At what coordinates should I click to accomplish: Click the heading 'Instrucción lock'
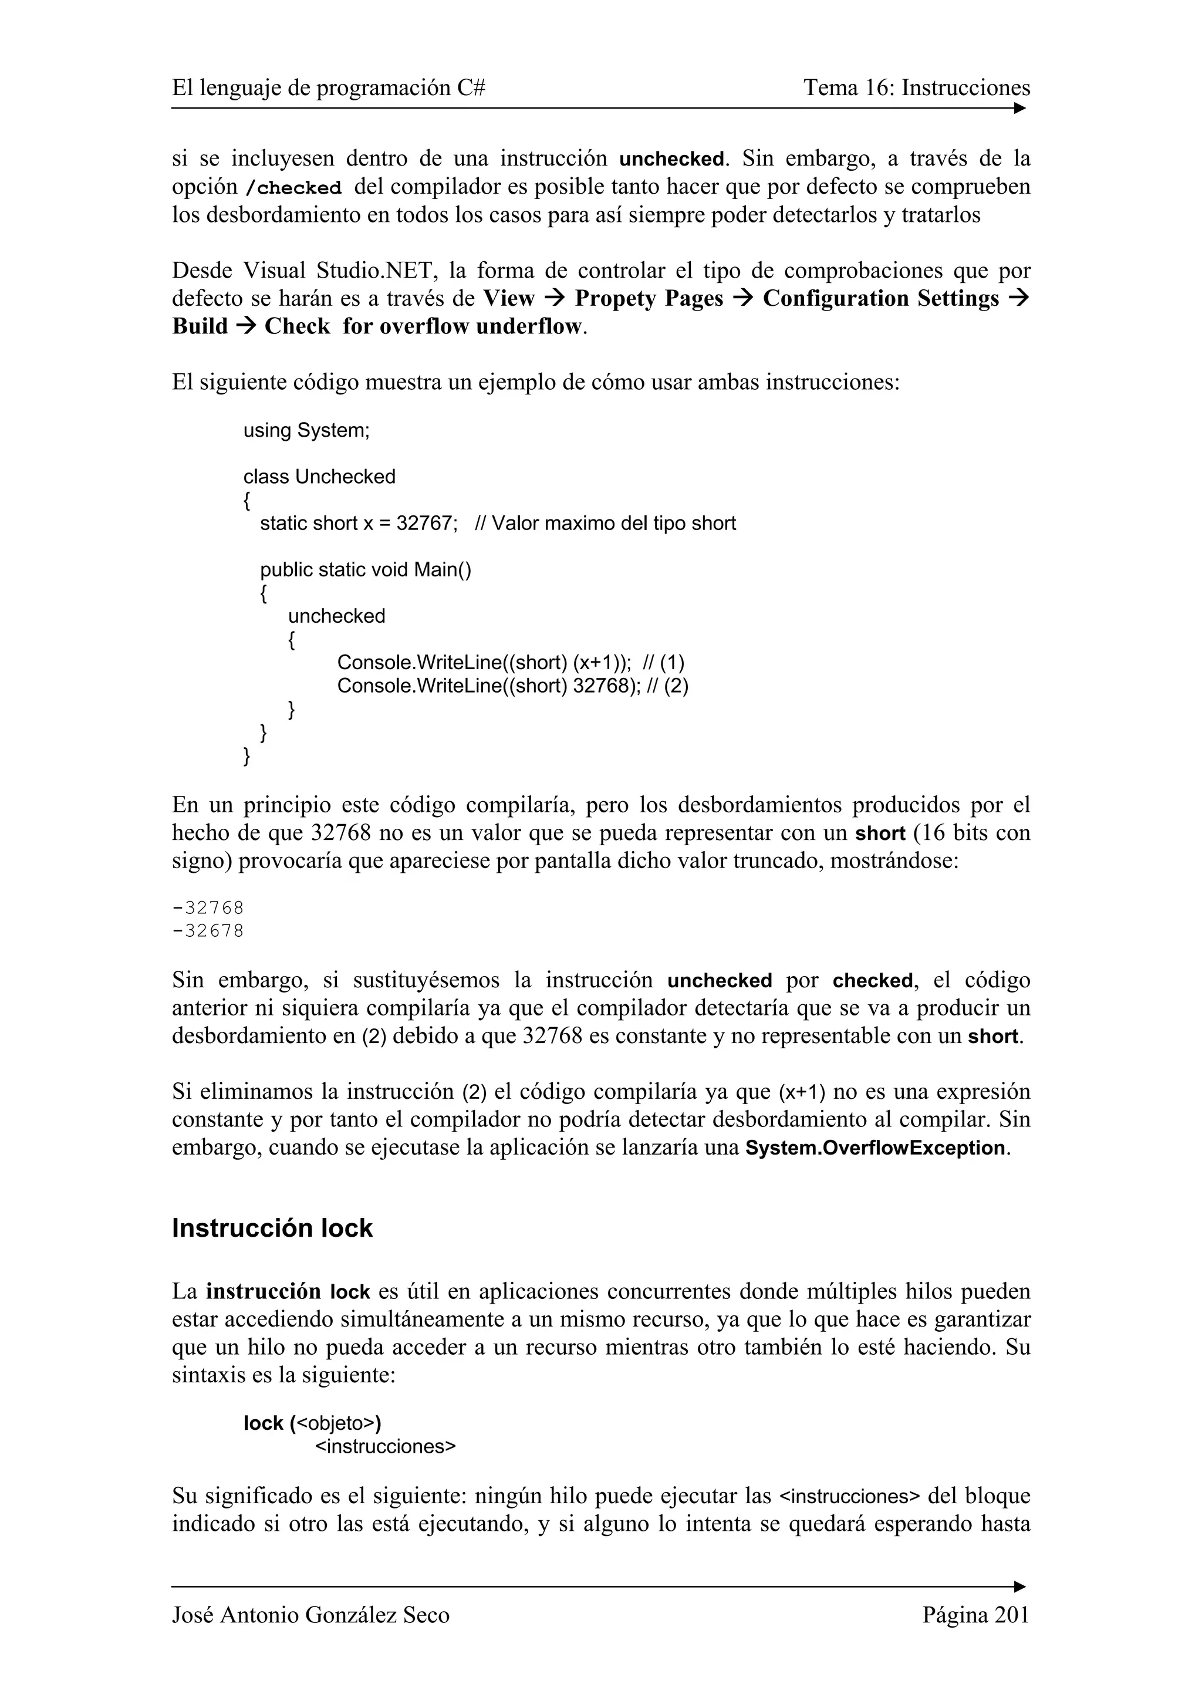272,1228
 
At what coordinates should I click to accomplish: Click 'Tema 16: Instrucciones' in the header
916,88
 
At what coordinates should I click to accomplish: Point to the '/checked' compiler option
293,187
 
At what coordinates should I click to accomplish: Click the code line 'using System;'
306,430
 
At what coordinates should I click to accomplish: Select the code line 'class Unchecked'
319,477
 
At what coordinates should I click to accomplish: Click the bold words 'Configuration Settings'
880,299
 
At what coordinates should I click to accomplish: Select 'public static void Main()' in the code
365,570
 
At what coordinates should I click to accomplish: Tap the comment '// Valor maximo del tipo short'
605,523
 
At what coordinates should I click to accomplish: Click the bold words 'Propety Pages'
649,299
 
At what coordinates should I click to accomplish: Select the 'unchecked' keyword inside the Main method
336,616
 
